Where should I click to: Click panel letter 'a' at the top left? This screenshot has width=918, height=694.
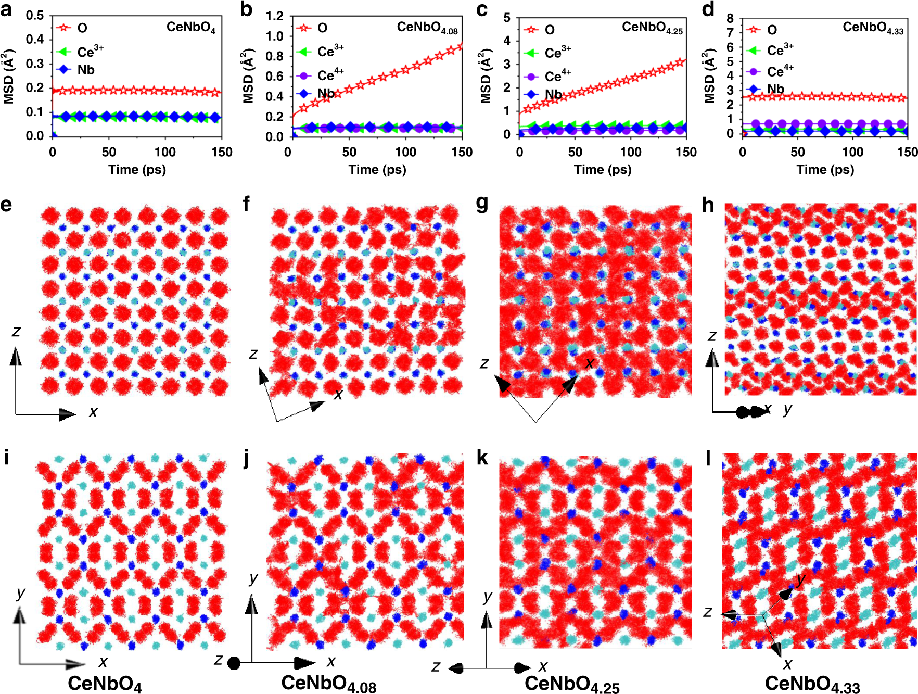pyautogui.click(x=6, y=9)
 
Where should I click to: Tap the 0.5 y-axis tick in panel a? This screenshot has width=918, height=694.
pyautogui.click(x=35, y=15)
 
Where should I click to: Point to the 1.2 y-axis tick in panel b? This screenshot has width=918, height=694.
pyautogui.click(x=274, y=16)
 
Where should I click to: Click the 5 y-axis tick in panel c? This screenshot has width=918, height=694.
pyautogui.click(x=506, y=18)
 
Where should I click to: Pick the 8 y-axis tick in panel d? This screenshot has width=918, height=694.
pyautogui.click(x=730, y=18)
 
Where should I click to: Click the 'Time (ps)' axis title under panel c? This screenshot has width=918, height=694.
pyautogui.click(x=602, y=169)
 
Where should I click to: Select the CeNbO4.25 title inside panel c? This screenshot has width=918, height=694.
pyautogui.click(x=652, y=28)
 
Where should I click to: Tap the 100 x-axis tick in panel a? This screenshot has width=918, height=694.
pyautogui.click(x=165, y=152)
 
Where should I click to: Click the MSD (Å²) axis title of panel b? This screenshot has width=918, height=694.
pyautogui.click(x=248, y=76)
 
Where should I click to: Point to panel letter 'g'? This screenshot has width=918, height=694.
pyautogui.click(x=482, y=204)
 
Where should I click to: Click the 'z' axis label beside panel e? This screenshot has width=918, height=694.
pyautogui.click(x=16, y=332)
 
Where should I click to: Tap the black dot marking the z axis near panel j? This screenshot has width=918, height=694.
pyautogui.click(x=234, y=663)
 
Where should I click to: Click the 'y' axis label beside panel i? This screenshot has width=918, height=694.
pyautogui.click(x=21, y=592)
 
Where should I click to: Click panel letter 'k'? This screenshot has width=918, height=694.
pyautogui.click(x=482, y=457)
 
